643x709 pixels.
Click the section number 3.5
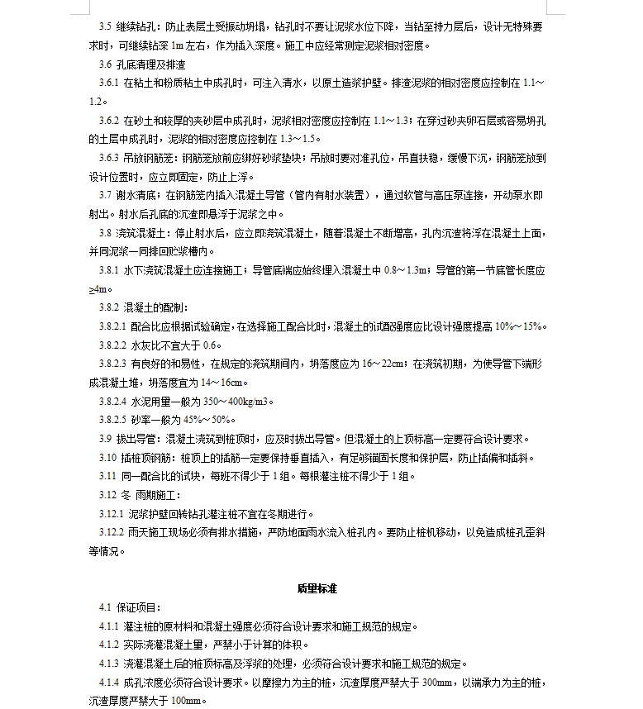(x=106, y=27)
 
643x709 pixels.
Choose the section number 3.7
(x=105, y=195)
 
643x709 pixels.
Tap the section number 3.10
(x=107, y=458)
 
